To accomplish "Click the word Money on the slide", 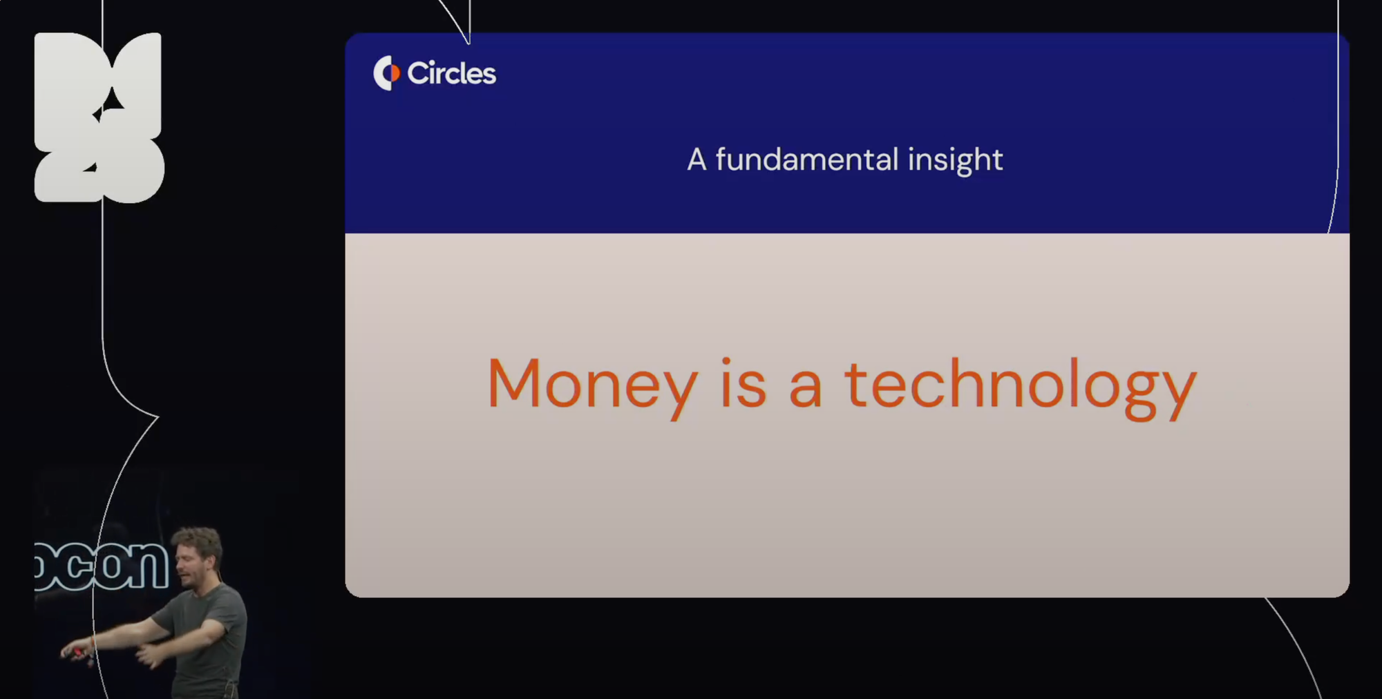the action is [592, 385].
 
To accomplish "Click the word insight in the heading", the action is [955, 160].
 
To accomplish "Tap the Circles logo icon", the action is [386, 73].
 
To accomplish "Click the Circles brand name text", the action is [451, 73].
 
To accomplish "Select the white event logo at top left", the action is [99, 117].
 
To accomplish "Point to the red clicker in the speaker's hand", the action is [78, 651].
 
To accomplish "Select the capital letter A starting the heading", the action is [697, 160].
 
